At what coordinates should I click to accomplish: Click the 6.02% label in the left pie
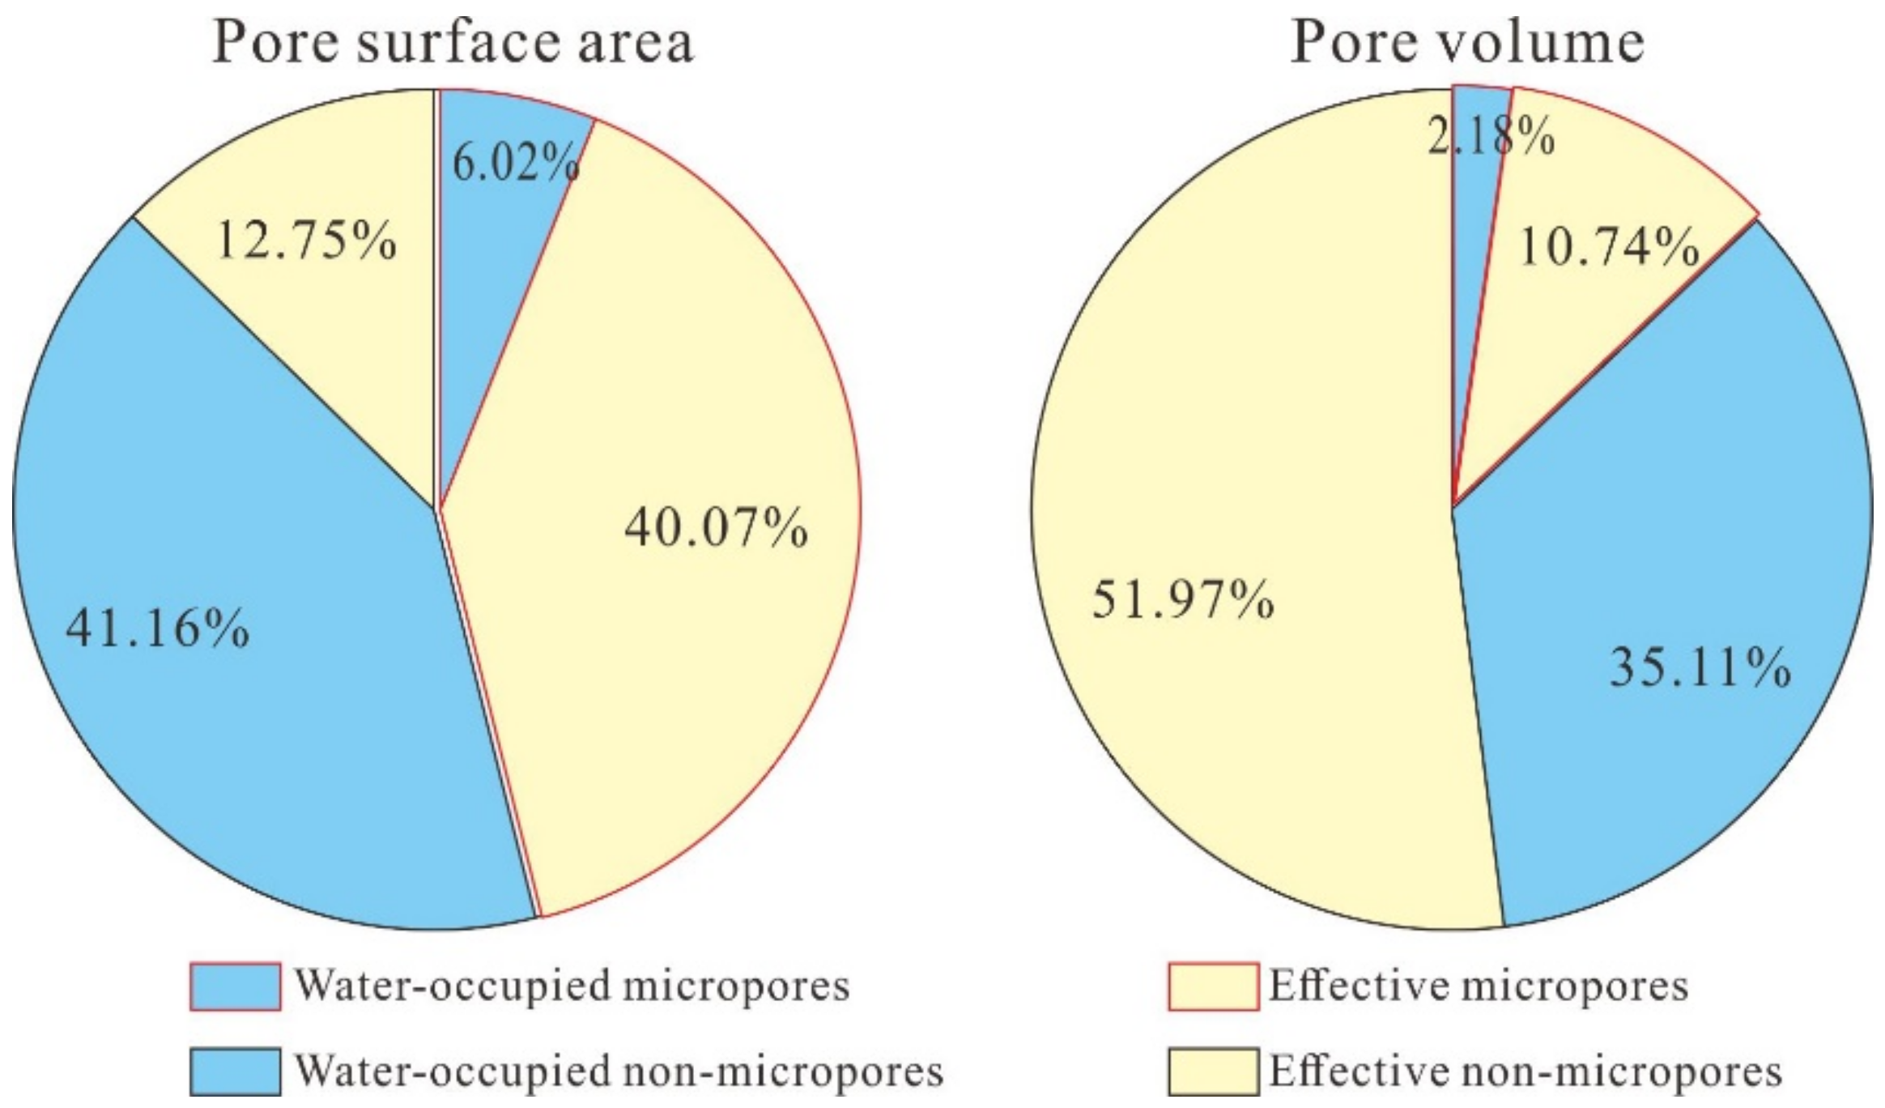[x=515, y=163]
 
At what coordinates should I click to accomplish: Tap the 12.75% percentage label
[x=306, y=241]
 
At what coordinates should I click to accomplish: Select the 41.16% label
[x=157, y=628]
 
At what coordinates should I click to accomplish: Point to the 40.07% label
[x=716, y=528]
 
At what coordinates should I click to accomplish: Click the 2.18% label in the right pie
[x=1490, y=136]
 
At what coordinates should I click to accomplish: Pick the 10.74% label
[x=1608, y=246]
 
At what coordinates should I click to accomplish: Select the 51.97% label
[x=1182, y=600]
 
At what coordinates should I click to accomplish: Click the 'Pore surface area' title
[x=452, y=42]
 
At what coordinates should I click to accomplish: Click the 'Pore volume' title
[x=1467, y=42]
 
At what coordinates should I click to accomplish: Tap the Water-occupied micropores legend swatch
[x=236, y=986]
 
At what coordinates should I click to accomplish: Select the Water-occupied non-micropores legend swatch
[x=236, y=1072]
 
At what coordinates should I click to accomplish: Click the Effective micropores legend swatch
[x=1213, y=986]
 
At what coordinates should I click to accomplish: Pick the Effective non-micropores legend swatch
[x=1213, y=1072]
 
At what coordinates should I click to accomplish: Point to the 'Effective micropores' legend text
[x=1479, y=986]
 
